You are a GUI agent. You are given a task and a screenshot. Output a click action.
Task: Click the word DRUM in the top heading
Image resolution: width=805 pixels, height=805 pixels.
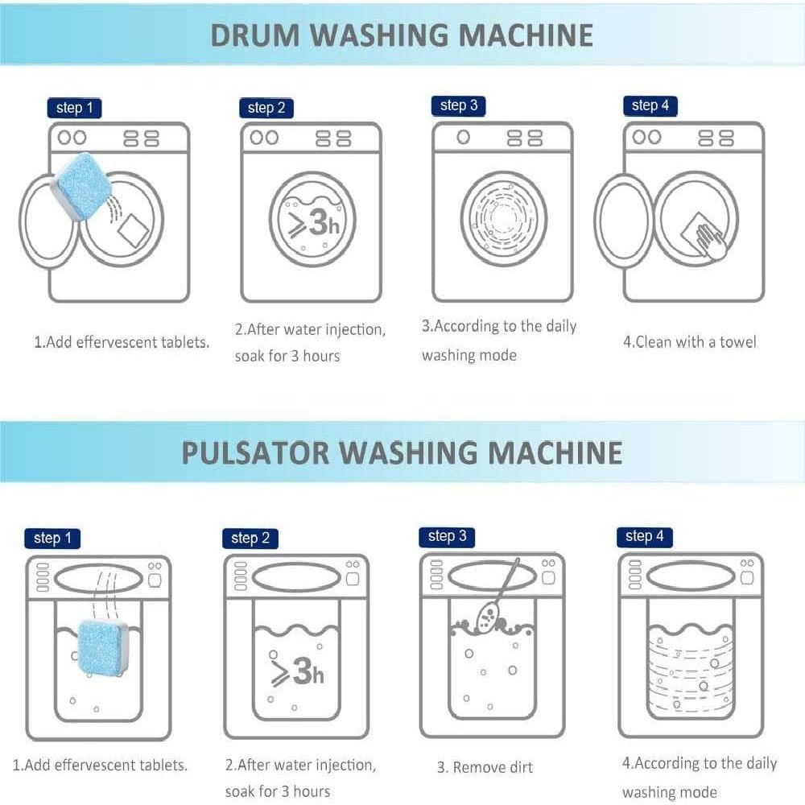(x=255, y=35)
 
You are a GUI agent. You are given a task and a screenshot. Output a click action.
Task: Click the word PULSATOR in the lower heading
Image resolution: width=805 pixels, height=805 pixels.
(x=255, y=452)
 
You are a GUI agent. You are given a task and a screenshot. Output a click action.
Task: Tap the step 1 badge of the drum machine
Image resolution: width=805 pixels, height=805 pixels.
(x=74, y=108)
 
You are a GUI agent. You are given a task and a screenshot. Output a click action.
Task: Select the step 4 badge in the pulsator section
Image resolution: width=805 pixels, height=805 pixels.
(x=644, y=536)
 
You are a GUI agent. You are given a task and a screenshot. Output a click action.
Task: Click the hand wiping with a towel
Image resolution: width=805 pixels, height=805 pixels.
(x=712, y=240)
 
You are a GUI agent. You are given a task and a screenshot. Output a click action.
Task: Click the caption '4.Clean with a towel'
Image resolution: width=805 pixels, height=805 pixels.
(x=690, y=342)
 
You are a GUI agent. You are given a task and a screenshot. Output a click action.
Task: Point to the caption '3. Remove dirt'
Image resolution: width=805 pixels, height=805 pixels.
(x=485, y=767)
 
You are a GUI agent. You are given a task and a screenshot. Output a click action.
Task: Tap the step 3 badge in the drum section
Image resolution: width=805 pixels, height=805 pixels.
(x=459, y=105)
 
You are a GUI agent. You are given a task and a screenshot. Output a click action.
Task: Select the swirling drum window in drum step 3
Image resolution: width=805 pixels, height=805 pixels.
(x=504, y=218)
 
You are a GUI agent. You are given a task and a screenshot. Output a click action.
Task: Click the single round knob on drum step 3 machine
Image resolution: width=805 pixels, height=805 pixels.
(x=463, y=137)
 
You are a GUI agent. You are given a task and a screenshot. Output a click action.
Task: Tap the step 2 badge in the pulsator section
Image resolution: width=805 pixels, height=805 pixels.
(x=250, y=539)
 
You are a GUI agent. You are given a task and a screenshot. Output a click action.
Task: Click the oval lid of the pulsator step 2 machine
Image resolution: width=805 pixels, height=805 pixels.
(x=297, y=577)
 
